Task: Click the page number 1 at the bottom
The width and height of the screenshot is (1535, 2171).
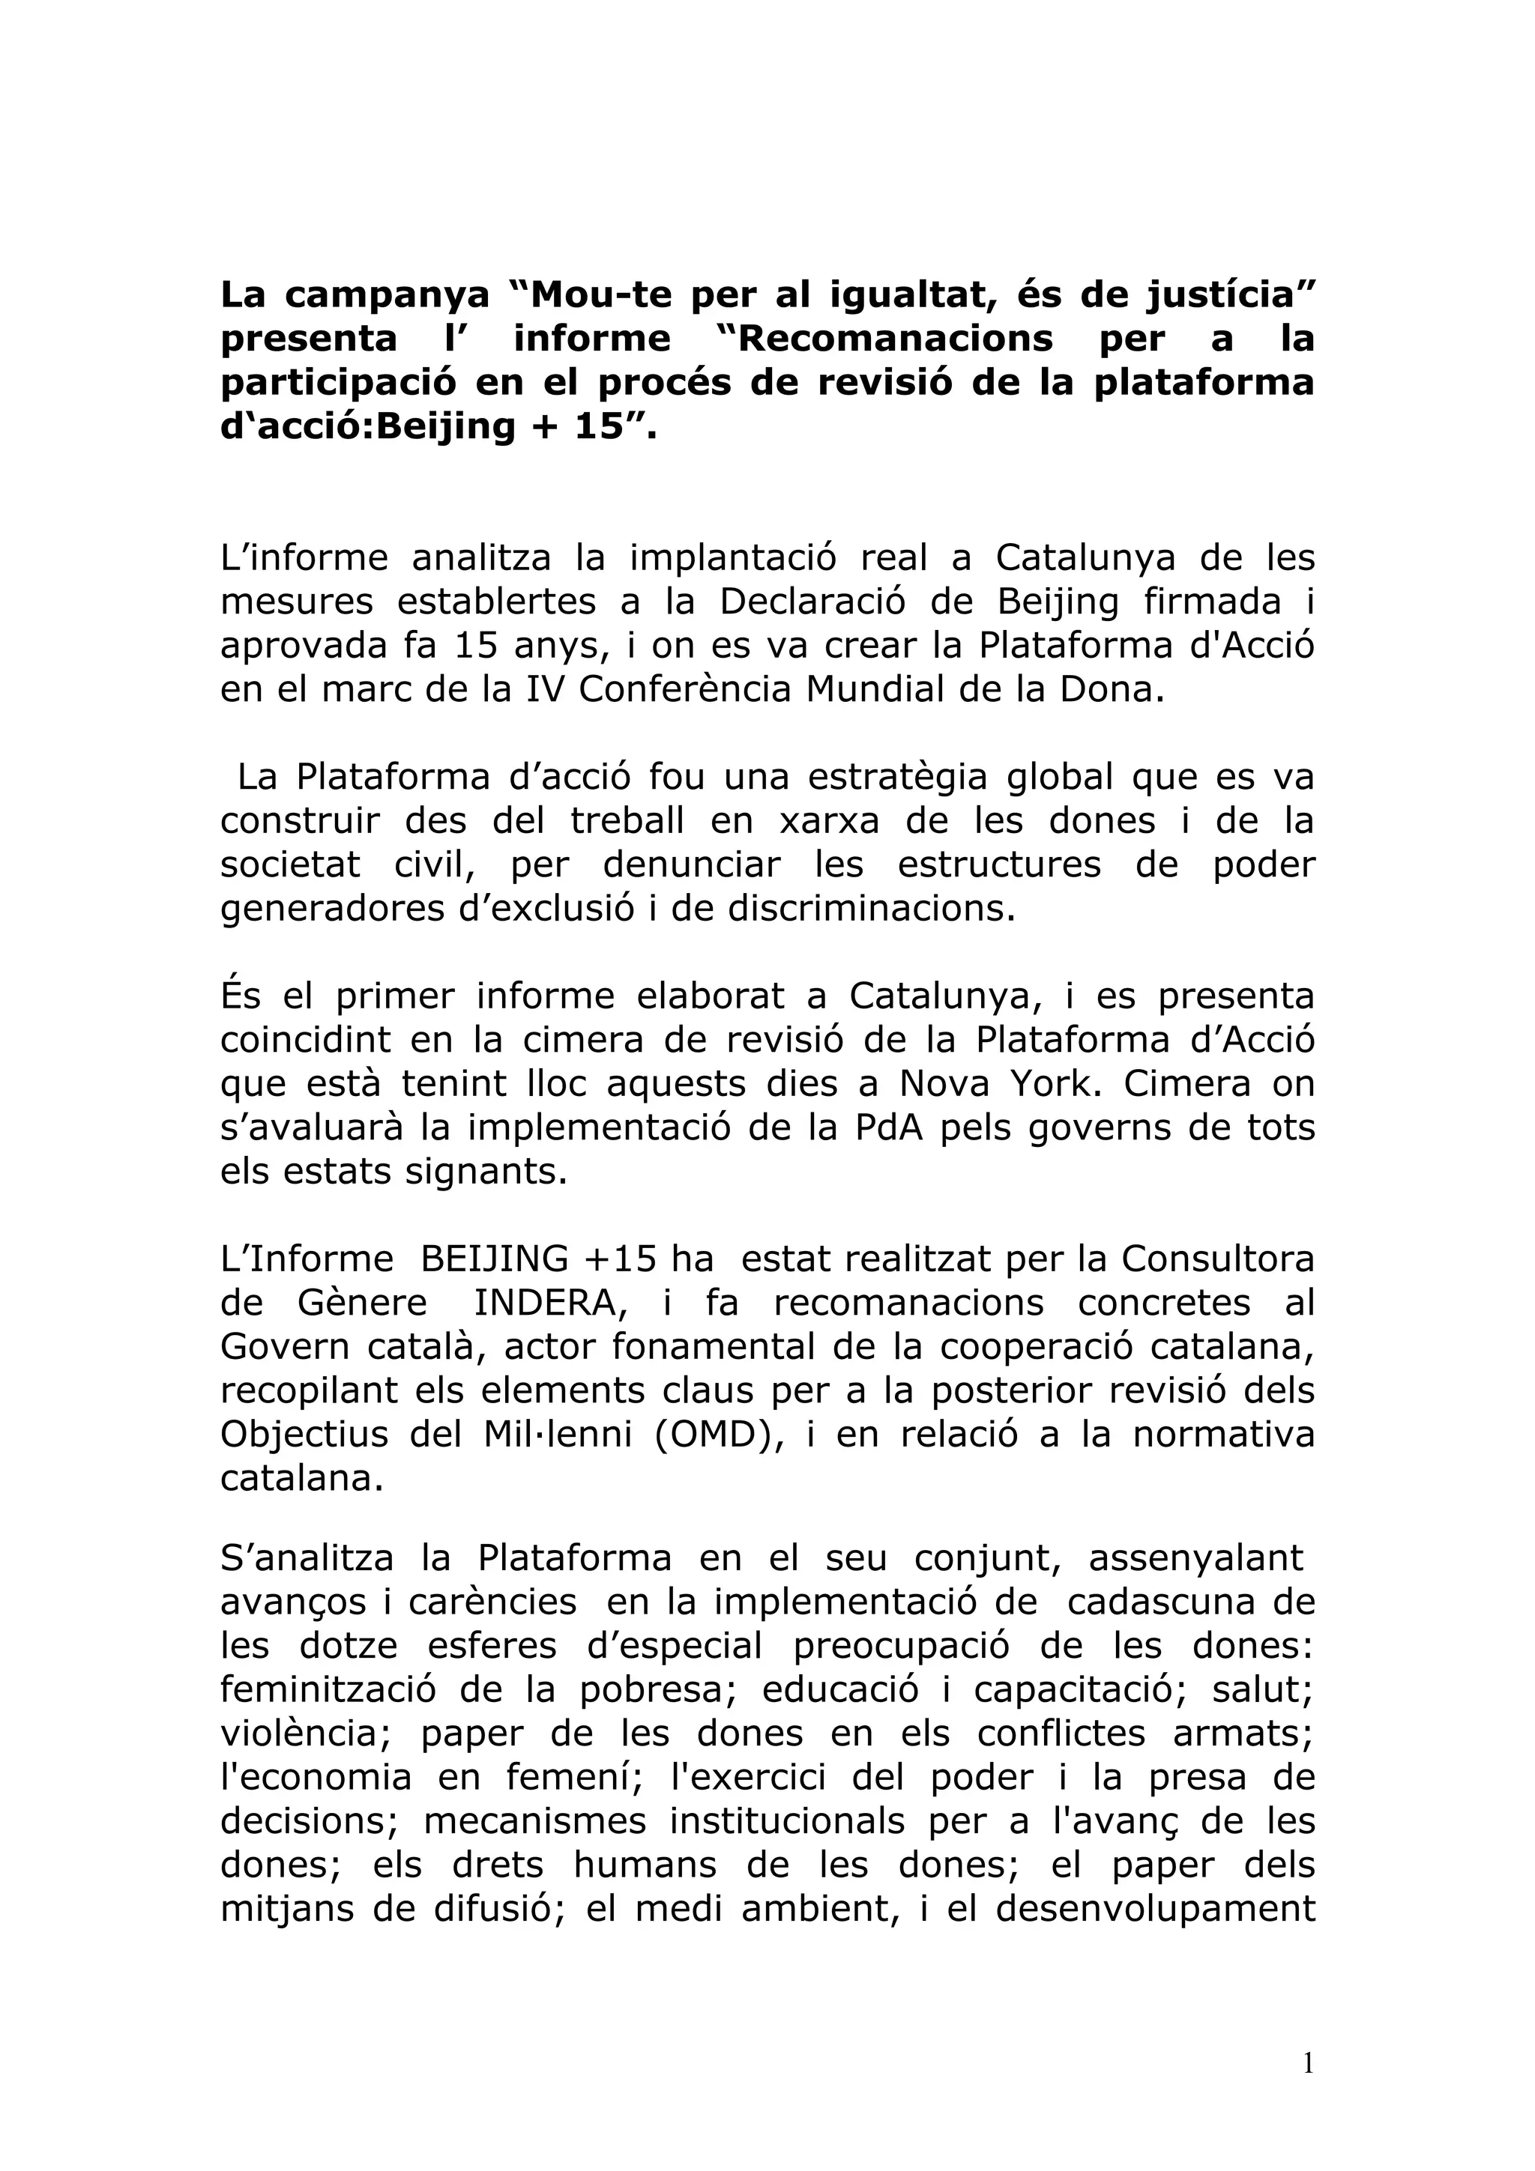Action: click(x=1308, y=2064)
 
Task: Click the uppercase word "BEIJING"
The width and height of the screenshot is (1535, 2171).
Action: click(x=495, y=1259)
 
